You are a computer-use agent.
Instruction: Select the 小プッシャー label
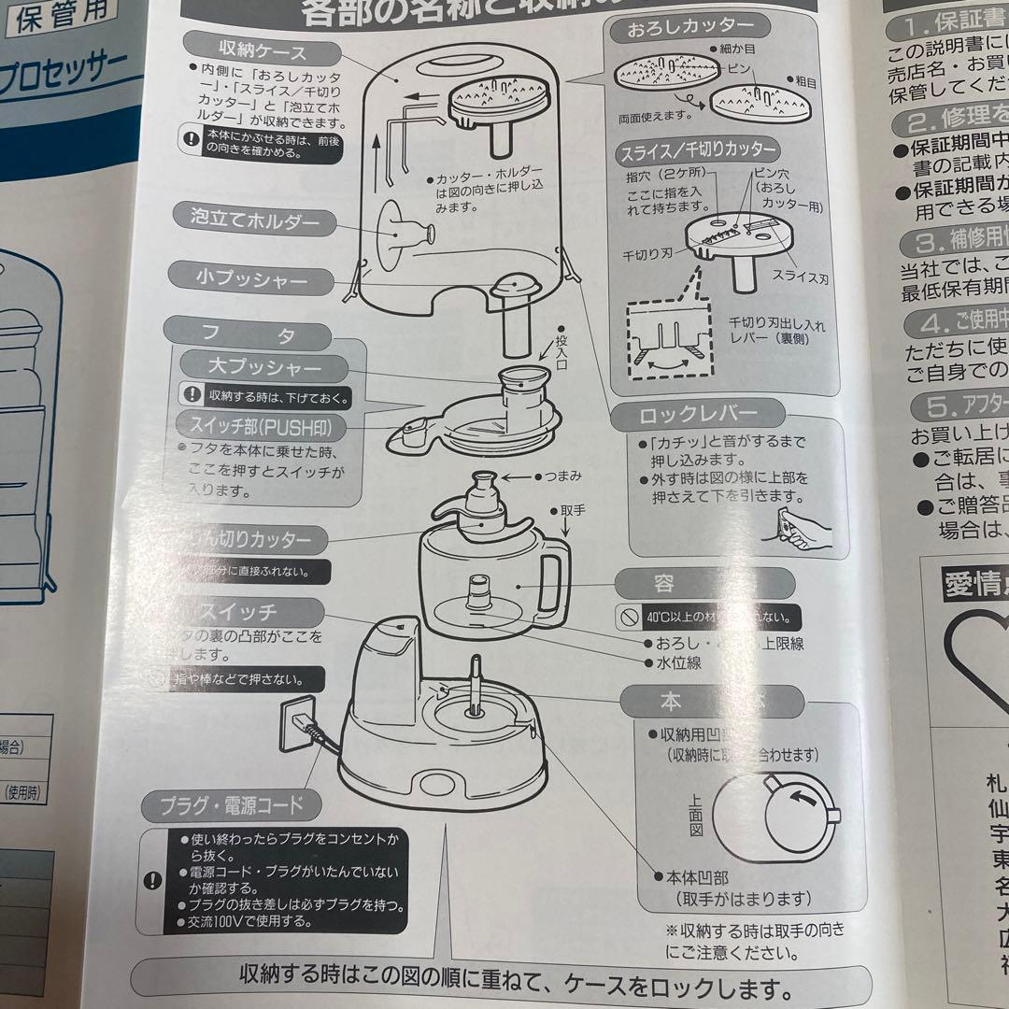[251, 278]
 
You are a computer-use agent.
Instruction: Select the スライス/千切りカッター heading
[697, 149]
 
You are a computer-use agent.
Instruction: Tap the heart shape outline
[976, 654]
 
